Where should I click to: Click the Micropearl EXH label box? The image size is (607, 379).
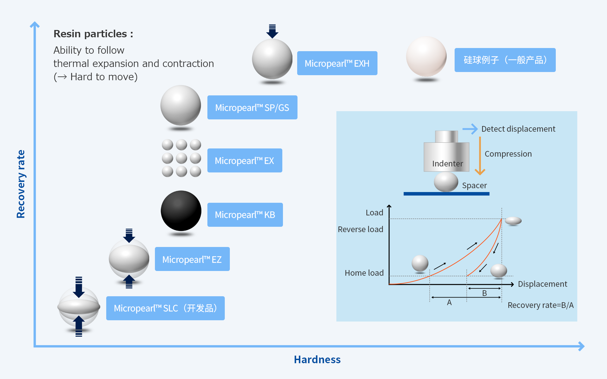click(x=337, y=63)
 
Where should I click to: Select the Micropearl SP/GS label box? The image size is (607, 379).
click(x=252, y=107)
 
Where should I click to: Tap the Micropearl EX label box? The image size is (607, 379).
click(x=245, y=160)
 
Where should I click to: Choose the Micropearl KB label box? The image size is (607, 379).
click(x=245, y=215)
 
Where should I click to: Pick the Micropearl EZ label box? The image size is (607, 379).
click(x=192, y=259)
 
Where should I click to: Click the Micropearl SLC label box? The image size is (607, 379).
click(x=165, y=308)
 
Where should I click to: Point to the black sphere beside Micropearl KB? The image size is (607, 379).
click(x=181, y=211)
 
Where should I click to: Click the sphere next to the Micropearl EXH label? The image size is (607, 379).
click(x=272, y=59)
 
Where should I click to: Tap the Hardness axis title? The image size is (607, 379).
click(x=317, y=359)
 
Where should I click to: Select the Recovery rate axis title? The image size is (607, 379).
click(x=21, y=184)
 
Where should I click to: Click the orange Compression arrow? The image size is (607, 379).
click(x=480, y=156)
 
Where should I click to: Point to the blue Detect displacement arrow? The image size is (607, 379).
click(x=470, y=129)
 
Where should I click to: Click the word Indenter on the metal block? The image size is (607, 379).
click(x=447, y=164)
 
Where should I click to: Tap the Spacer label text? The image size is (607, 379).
click(x=474, y=185)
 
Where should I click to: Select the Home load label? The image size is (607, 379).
click(x=364, y=273)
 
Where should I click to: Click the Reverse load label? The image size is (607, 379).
click(x=360, y=229)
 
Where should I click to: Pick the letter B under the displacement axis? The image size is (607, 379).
click(x=484, y=293)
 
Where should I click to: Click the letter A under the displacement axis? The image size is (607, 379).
click(x=449, y=303)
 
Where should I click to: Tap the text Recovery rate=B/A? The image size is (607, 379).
click(x=541, y=305)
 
